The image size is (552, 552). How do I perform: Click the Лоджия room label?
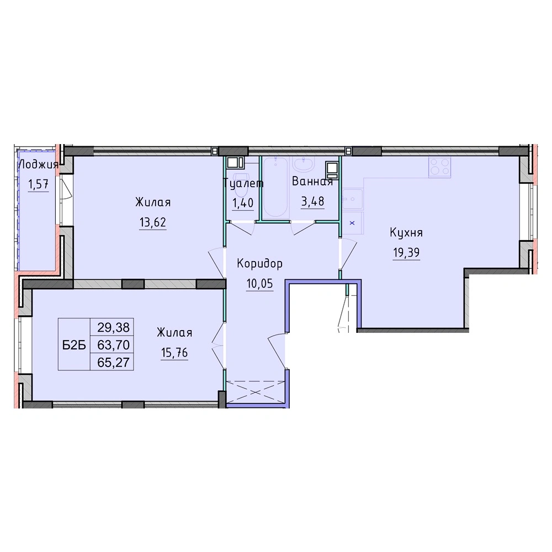pos(38,164)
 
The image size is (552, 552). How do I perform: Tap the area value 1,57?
pos(39,184)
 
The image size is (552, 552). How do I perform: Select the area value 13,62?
pos(152,222)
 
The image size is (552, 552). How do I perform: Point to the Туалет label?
pos(243,183)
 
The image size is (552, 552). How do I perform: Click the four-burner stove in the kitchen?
pos(439,167)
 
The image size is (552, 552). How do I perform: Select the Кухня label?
pos(406,233)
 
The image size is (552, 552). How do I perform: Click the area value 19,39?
pos(406,252)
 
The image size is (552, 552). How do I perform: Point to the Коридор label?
pos(259,263)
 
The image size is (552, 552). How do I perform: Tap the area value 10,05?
pos(260,283)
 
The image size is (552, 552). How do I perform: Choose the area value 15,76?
pos(174,352)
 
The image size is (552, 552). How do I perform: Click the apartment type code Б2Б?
pos(74,346)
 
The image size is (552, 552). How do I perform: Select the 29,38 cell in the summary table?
pos(113,328)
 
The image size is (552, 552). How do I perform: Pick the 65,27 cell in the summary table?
pos(113,362)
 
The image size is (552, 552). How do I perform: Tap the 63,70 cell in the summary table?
pos(113,345)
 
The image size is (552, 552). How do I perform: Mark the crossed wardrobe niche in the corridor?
pos(256,391)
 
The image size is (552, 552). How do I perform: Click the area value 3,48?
pos(312,201)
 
